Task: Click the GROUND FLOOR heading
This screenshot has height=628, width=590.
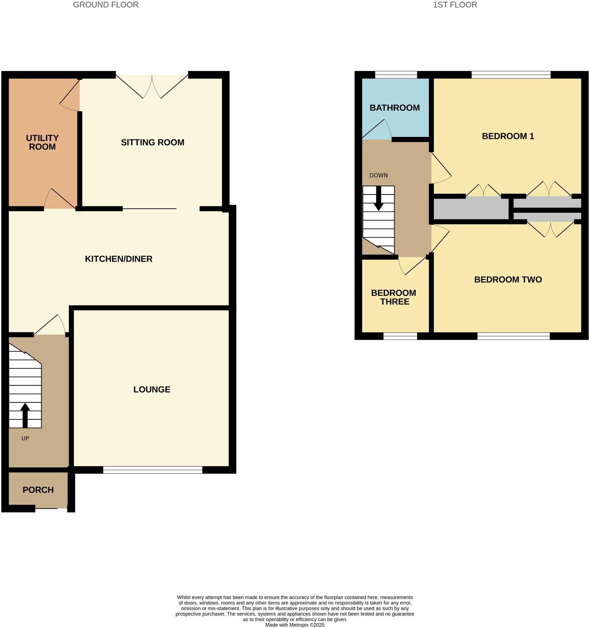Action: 105,5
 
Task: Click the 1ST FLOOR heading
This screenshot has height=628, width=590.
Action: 455,5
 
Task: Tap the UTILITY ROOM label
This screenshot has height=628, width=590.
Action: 42,142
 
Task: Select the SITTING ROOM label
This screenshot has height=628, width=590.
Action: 152,142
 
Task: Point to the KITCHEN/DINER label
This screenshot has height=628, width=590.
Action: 119,259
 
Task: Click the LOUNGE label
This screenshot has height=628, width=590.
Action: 152,390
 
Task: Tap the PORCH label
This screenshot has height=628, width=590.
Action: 38,490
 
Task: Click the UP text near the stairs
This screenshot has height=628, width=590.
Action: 25,438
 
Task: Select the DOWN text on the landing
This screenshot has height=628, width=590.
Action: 378,176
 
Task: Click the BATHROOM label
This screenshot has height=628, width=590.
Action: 395,108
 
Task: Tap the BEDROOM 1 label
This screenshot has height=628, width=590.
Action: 508,136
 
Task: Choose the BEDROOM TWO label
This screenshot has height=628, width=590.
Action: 508,280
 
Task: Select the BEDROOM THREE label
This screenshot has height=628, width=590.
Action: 394,297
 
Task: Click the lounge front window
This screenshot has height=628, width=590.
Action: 152,470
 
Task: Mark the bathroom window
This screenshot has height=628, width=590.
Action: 396,74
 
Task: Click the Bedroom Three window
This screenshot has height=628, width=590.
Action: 400,336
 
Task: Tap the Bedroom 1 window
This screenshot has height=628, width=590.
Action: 510,74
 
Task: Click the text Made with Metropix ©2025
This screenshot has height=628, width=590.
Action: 295,625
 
